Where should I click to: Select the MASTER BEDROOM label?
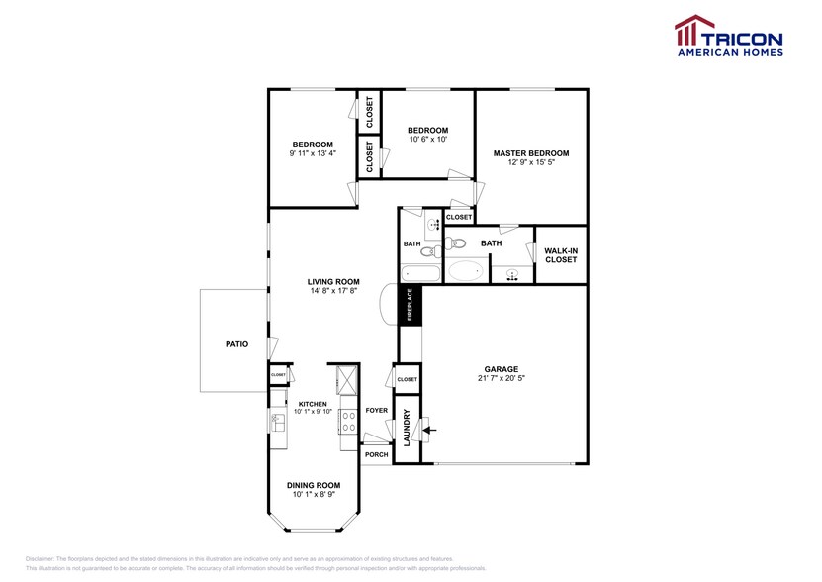pyautogui.click(x=531, y=153)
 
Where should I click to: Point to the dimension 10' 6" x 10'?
pyautogui.click(x=428, y=140)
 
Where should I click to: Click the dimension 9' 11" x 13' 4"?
pyautogui.click(x=312, y=153)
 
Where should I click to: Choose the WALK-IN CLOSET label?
pyautogui.click(x=560, y=255)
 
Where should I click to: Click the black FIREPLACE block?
pyautogui.click(x=410, y=304)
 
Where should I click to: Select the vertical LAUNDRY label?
pyautogui.click(x=407, y=427)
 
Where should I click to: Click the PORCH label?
pyautogui.click(x=376, y=455)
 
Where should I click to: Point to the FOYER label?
pyautogui.click(x=376, y=410)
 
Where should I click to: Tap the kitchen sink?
pyautogui.click(x=278, y=424)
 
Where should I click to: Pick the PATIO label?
pyautogui.click(x=235, y=344)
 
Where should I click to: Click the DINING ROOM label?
pyautogui.click(x=313, y=485)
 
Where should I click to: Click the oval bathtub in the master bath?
pyautogui.click(x=465, y=269)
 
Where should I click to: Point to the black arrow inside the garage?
pyautogui.click(x=427, y=429)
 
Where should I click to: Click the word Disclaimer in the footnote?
pyautogui.click(x=42, y=559)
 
